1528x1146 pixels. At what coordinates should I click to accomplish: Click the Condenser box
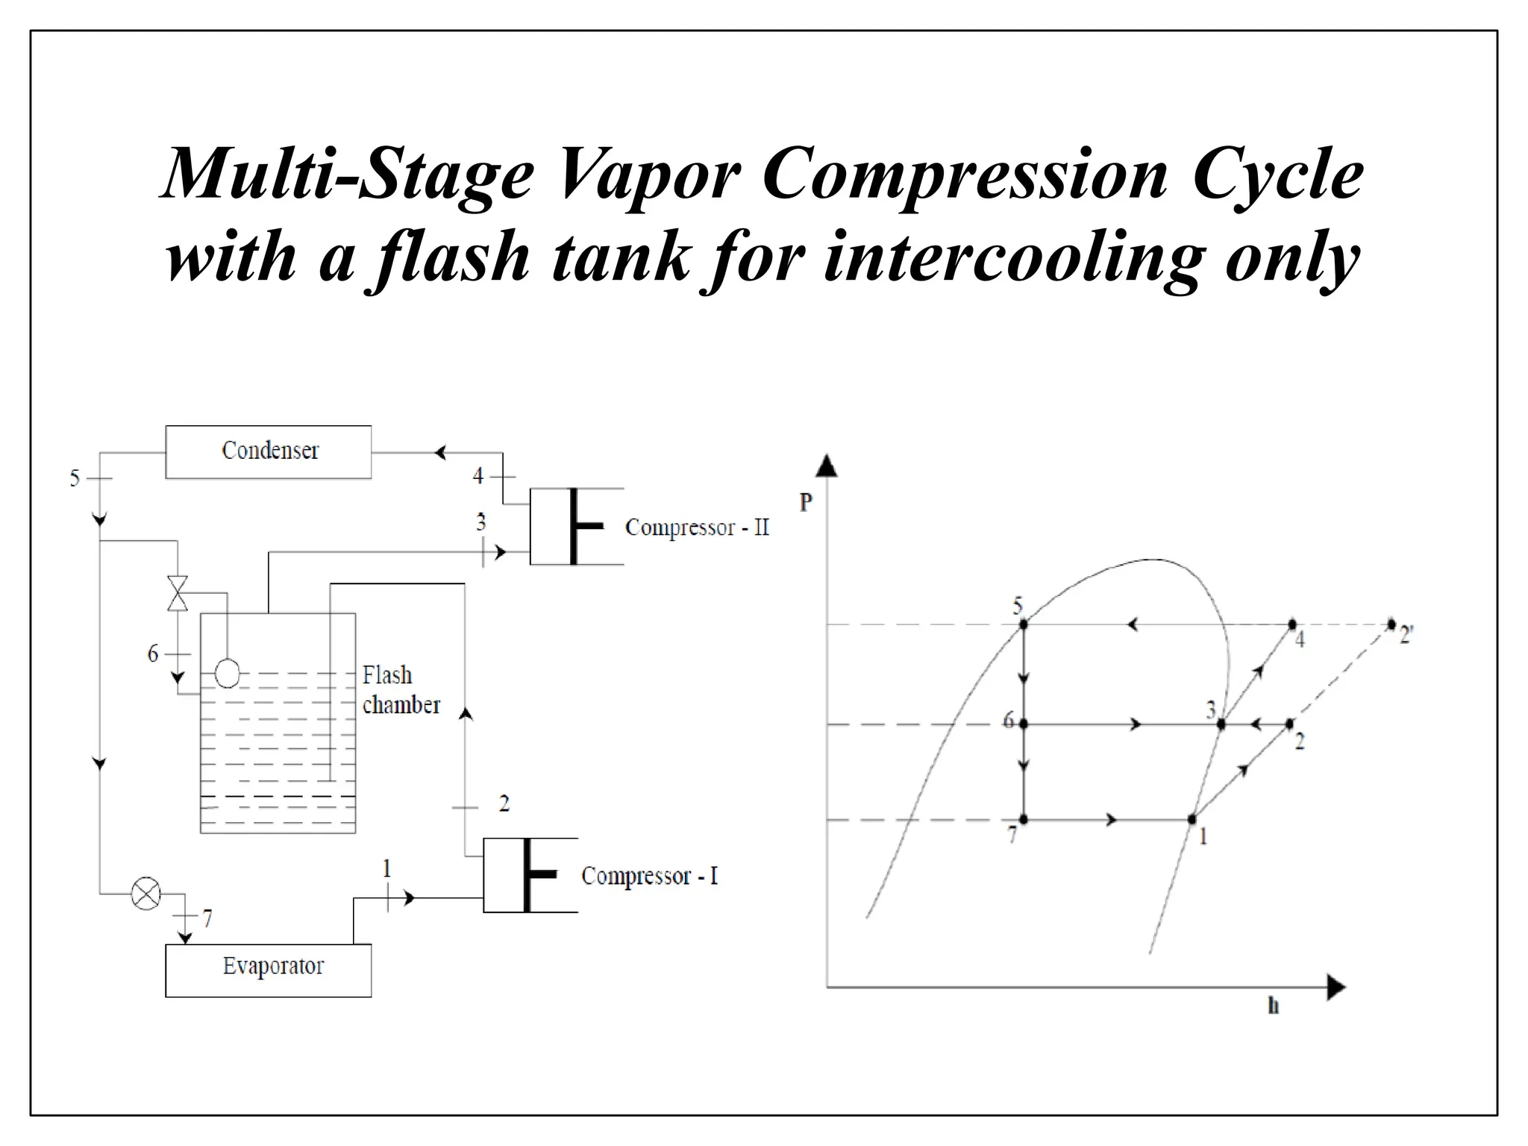tap(269, 452)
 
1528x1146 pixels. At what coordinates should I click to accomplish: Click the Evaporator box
tap(269, 970)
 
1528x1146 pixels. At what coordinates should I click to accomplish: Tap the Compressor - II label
tap(697, 527)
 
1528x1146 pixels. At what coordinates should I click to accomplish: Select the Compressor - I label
tap(649, 876)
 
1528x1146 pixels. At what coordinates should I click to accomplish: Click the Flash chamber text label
tap(401, 690)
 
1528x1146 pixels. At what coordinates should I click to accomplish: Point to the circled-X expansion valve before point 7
tap(145, 893)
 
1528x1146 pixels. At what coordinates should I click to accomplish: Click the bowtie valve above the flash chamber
tap(178, 593)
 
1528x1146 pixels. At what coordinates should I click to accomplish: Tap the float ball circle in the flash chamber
tap(228, 674)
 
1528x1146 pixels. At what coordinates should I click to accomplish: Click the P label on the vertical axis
tap(806, 502)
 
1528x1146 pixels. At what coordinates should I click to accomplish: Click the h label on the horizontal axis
tap(1274, 1006)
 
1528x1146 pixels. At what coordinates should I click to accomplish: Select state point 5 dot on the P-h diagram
tap(1024, 624)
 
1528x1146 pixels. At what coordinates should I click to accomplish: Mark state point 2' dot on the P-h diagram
tap(1391, 624)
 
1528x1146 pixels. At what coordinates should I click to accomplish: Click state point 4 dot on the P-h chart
tap(1292, 624)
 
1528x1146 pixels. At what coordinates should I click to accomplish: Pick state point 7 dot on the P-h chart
tap(1024, 819)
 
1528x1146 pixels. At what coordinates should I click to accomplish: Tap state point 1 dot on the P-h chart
tap(1192, 819)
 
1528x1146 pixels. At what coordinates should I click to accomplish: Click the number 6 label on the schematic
tap(153, 654)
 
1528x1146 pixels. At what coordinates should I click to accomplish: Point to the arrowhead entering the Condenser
tap(440, 452)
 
